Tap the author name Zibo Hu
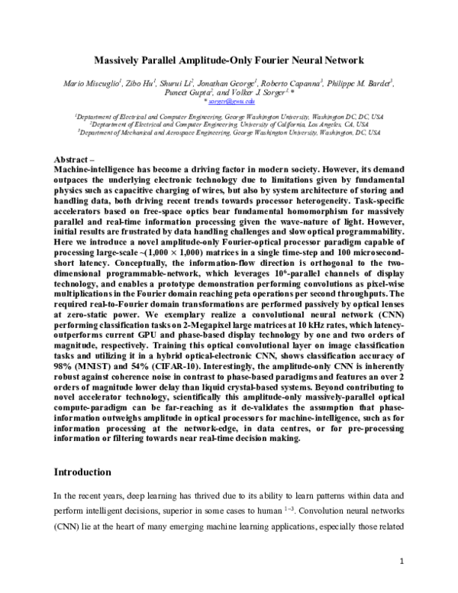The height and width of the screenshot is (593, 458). (142, 81)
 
